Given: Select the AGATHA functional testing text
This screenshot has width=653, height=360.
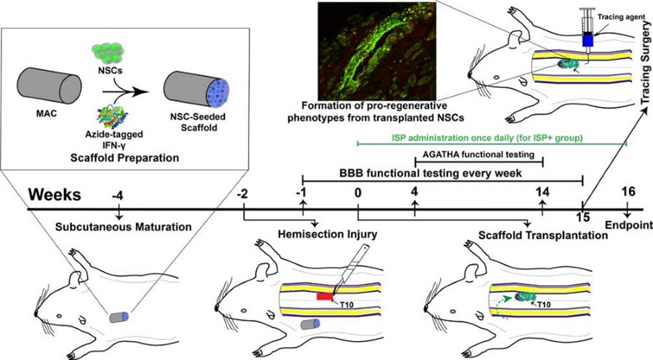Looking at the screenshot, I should click(479, 154).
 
